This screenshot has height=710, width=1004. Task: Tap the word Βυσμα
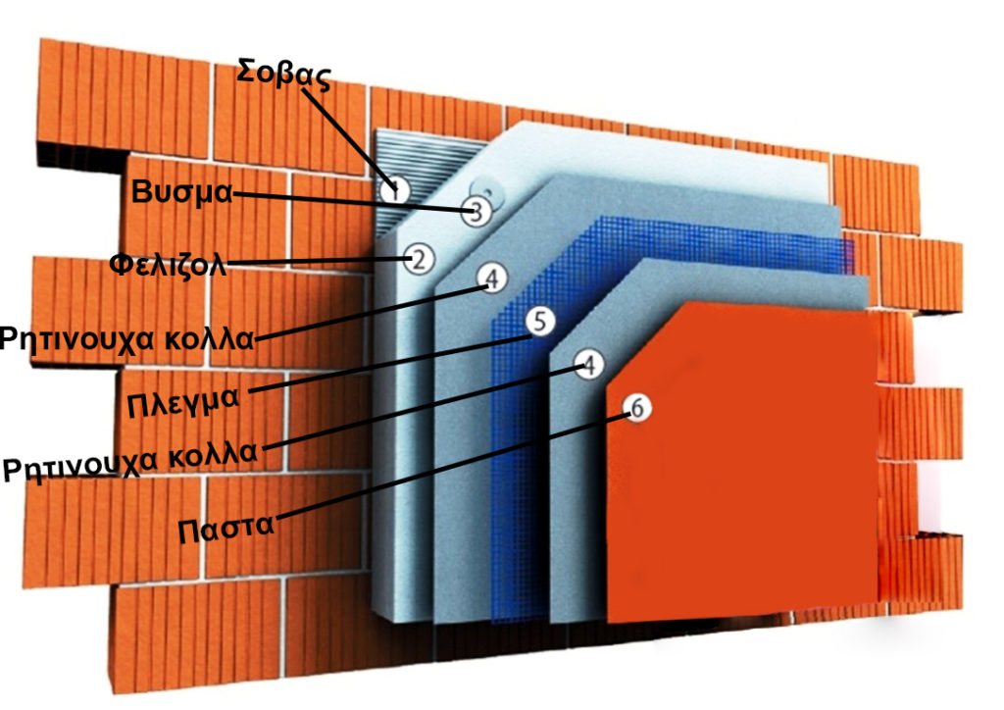click(182, 192)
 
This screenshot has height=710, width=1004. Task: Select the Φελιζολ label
click(170, 265)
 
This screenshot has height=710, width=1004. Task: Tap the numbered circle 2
click(418, 260)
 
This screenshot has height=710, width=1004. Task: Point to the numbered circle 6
click(635, 410)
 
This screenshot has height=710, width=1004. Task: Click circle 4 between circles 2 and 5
click(492, 279)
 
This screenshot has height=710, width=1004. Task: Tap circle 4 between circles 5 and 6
click(587, 366)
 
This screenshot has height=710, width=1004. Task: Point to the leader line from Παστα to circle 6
click(441, 468)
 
